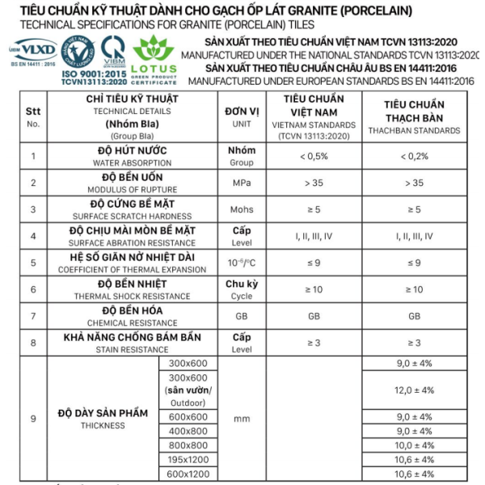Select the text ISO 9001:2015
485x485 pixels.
(x=93, y=74)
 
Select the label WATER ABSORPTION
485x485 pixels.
(x=132, y=162)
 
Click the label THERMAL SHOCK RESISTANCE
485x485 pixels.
(x=132, y=296)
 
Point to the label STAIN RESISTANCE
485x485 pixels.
(x=132, y=349)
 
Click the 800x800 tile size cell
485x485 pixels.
(x=187, y=445)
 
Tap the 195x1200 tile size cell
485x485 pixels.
(x=187, y=458)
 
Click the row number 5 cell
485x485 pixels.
(x=33, y=263)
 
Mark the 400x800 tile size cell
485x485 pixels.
(x=187, y=431)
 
